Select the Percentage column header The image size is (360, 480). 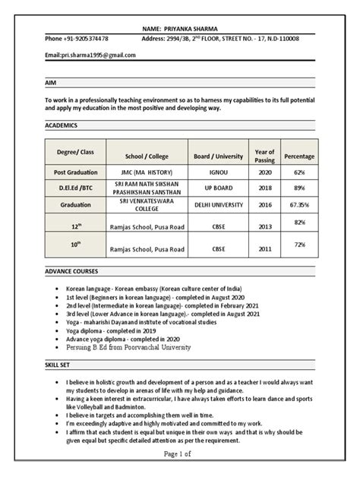299,156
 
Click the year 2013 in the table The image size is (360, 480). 266,226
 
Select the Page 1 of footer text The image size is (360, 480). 180,473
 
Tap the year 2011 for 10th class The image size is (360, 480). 266,249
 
